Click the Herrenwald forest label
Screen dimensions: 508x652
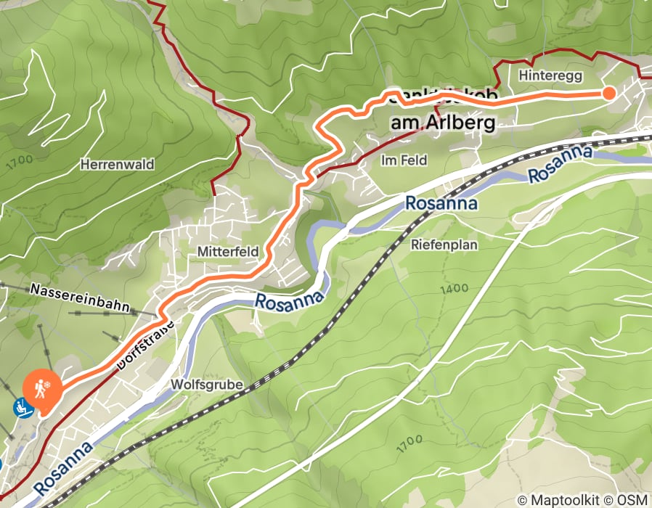coord(118,165)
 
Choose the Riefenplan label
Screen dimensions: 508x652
coord(444,245)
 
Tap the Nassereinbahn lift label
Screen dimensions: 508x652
coord(79,298)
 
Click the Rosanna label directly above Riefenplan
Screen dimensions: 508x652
coord(441,203)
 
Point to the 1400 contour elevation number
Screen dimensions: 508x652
coord(454,289)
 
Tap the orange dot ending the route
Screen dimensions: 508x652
coord(608,93)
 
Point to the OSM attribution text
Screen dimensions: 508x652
coord(633,499)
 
